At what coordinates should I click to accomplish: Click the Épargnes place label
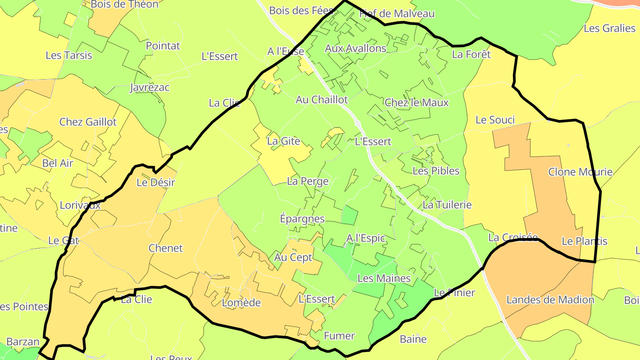pos(302,219)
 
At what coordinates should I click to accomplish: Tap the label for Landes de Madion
pos(550,300)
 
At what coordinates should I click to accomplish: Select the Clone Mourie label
pos(580,172)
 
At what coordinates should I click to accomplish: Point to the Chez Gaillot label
pos(88,122)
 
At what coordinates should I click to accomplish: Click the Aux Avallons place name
pos(356,48)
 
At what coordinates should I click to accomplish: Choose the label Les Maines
pos(384,279)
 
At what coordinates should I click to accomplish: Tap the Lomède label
pos(241,303)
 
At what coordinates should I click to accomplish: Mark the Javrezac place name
pos(149,88)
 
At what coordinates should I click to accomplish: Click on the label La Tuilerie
pos(447,205)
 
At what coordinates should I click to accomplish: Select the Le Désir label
pos(156,183)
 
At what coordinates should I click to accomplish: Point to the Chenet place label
pos(166,248)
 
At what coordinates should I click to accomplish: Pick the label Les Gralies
pos(609,28)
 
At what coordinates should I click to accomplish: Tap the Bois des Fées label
pos(301,11)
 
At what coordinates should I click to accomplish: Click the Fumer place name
pos(340,336)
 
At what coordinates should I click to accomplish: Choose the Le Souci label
pos(495,120)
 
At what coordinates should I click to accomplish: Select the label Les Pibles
pos(436,171)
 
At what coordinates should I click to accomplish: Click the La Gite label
pos(284,142)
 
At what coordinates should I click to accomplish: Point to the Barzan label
pos(23,342)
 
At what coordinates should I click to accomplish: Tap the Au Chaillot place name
pos(322,100)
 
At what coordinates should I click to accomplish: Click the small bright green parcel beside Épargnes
pos(350,215)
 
